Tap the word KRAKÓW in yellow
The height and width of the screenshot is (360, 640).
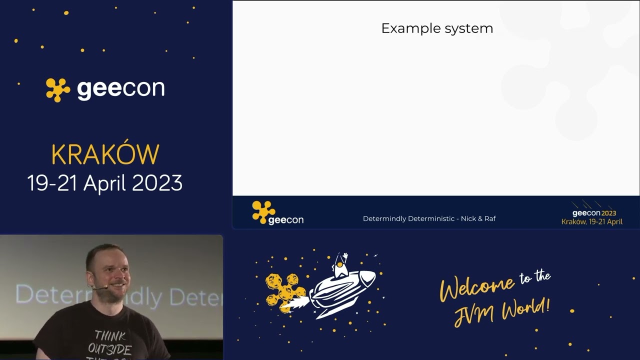coord(105,155)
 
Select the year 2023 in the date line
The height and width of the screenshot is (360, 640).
coord(157,183)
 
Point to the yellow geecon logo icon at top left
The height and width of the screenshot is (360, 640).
coord(58,89)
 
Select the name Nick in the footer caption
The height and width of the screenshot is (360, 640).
coord(468,218)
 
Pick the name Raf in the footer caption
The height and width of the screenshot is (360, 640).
coord(489,218)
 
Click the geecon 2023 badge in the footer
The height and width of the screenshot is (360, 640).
coord(593,214)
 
